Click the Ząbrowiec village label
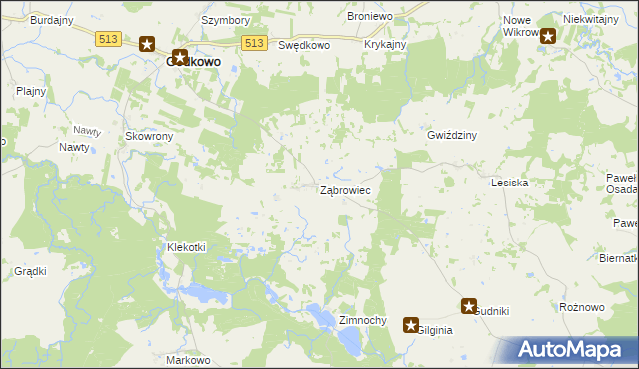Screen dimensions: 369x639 click(345, 189)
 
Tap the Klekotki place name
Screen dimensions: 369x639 click(186, 247)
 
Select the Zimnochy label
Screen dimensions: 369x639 click(363, 320)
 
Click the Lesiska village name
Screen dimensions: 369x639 click(509, 184)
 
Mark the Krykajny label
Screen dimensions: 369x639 click(385, 45)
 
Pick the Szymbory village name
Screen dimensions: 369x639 click(225, 19)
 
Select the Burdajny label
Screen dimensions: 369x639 click(51, 19)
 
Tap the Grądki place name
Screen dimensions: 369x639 click(31, 271)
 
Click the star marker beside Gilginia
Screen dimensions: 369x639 click(410, 325)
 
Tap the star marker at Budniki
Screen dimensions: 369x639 click(469, 307)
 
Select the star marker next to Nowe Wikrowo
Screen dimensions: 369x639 click(547, 36)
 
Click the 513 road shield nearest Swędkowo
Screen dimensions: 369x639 click(255, 42)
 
